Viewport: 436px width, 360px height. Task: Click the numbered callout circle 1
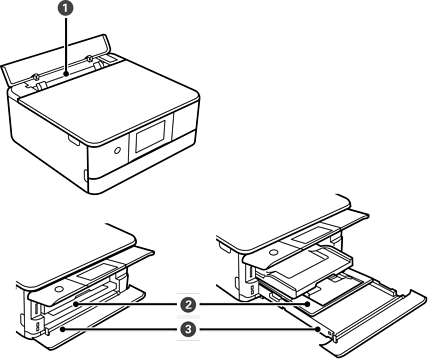(x=66, y=9)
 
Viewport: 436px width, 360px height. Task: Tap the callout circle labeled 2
(x=188, y=304)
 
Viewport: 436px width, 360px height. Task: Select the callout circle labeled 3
(x=188, y=330)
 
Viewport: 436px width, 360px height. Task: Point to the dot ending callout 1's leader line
(x=66, y=74)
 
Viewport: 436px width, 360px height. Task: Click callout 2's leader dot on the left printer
(x=76, y=304)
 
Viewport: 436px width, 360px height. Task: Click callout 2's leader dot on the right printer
(x=307, y=304)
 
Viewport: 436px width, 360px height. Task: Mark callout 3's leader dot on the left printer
(x=62, y=330)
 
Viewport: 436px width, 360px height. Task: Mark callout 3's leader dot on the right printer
(x=318, y=329)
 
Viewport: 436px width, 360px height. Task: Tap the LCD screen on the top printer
(x=150, y=136)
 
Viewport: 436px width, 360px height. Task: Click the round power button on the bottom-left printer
(x=59, y=289)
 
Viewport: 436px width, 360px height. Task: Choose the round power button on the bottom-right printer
(x=274, y=252)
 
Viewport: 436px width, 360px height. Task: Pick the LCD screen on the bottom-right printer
(x=311, y=236)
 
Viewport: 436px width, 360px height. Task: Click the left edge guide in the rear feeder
(x=39, y=84)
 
